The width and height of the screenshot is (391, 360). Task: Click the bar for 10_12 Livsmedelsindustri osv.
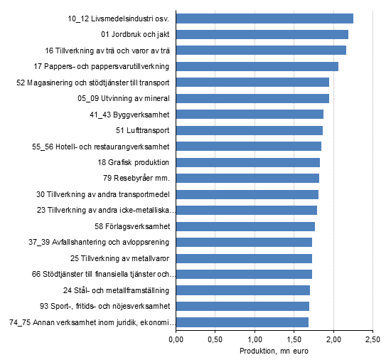pos(264,18)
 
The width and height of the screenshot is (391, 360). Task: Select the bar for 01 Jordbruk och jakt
pos(262,34)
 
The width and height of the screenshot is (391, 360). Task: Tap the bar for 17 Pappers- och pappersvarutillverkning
pos(257,66)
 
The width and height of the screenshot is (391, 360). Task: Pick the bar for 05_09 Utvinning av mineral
pos(252,98)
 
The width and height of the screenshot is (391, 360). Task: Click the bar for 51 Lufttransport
pos(249,130)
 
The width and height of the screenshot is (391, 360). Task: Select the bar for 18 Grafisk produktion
pos(247,162)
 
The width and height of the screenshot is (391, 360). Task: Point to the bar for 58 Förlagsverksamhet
pos(245,226)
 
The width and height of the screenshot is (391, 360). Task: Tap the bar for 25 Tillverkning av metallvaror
pos(244,258)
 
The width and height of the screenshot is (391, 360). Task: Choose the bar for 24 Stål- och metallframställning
pos(242,290)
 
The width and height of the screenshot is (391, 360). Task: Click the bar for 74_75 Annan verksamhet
pos(242,322)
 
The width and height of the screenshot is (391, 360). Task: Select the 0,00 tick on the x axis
pos(176,339)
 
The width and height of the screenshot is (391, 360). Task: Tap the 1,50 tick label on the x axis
pos(294,339)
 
